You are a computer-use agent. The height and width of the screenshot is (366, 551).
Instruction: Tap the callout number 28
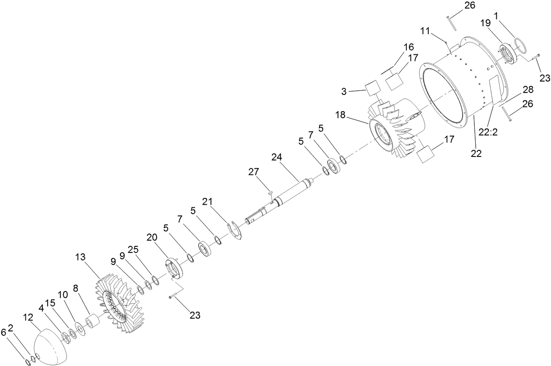tap(527, 89)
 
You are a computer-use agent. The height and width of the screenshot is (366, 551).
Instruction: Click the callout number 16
tap(408, 47)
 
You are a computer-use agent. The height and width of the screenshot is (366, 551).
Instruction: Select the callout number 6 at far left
tap(4, 332)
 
